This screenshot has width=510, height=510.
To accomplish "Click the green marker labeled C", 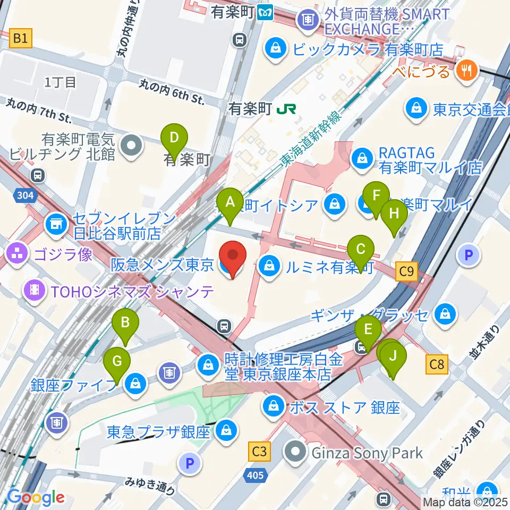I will click(x=361, y=250).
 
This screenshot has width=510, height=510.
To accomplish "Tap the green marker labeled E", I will click(x=367, y=330).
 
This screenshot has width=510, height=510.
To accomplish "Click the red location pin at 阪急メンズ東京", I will click(x=233, y=257).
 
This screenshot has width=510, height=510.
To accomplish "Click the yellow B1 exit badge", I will click(x=20, y=38).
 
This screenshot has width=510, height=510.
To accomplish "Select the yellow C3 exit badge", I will click(x=259, y=452).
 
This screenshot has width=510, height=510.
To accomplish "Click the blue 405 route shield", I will click(x=256, y=475).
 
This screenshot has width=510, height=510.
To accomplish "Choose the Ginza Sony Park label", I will click(x=366, y=453).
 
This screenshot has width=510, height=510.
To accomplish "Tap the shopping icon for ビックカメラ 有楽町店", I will click(x=277, y=50).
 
